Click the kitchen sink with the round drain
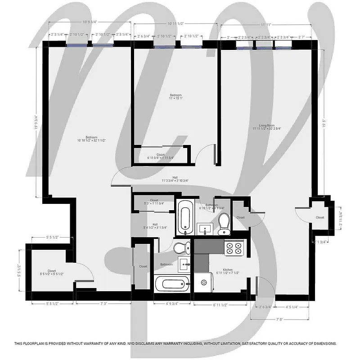(x=203, y=282)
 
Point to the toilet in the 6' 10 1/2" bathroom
(x=224, y=224)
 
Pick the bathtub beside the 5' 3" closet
(x=184, y=218)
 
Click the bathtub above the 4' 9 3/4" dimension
(x=171, y=284)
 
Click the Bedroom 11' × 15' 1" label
(x=175, y=97)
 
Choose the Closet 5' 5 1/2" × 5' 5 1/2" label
(x=52, y=272)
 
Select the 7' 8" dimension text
(x=280, y=319)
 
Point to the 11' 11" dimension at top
(x=265, y=25)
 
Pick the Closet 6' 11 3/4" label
(x=160, y=156)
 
